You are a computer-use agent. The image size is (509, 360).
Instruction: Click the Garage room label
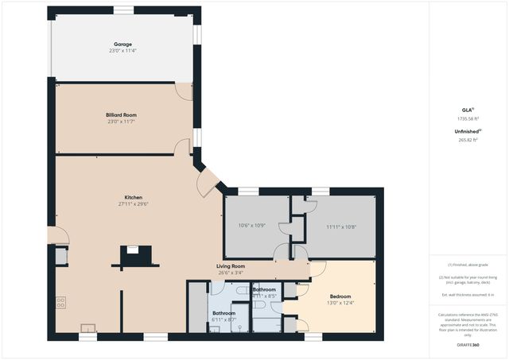(x=122, y=45)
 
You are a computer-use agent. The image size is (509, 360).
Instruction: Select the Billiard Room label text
(x=122, y=115)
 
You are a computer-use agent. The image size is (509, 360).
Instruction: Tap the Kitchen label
(x=133, y=197)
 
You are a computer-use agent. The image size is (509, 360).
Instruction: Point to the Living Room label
(x=231, y=265)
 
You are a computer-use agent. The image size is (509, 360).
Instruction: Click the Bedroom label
(x=340, y=295)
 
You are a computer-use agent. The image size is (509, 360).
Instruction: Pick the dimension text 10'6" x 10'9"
(x=254, y=226)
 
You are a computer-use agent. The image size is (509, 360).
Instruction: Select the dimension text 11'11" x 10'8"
(x=341, y=226)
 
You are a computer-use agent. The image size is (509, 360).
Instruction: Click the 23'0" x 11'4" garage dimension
(x=122, y=51)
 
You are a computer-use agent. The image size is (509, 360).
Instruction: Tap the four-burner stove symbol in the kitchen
(x=61, y=302)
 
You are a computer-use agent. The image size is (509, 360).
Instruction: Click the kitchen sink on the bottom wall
(x=87, y=327)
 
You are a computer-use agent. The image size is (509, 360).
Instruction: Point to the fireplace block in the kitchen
(x=134, y=256)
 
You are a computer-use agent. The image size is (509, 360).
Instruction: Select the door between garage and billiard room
(x=184, y=91)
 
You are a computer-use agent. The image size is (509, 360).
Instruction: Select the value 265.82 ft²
(x=468, y=139)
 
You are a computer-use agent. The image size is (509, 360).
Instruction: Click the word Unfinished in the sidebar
(x=466, y=130)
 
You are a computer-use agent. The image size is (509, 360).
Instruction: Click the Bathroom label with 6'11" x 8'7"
(x=223, y=313)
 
